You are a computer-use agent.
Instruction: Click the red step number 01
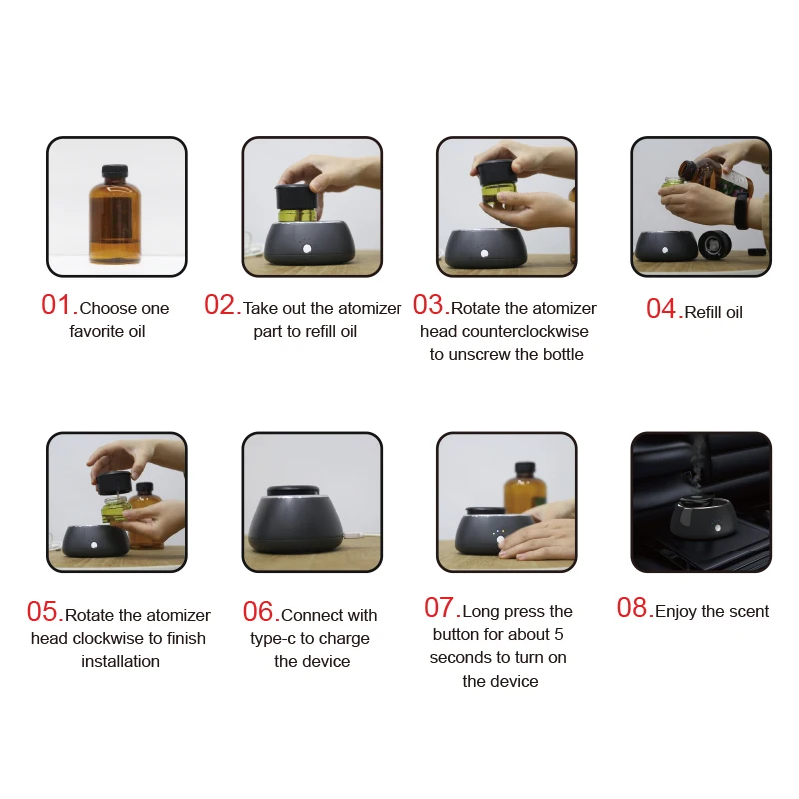point(59,305)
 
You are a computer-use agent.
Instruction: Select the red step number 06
point(261,611)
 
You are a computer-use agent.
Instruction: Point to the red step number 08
point(635,607)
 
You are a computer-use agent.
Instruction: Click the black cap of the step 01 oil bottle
point(115,171)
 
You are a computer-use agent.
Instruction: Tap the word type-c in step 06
point(273,639)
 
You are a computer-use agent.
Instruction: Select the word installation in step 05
point(120,661)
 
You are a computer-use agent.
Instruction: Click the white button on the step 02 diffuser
point(307,249)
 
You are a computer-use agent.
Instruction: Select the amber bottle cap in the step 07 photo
point(525,468)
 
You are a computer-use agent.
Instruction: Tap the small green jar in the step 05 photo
point(115,511)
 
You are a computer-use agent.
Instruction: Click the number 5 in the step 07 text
point(559,635)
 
